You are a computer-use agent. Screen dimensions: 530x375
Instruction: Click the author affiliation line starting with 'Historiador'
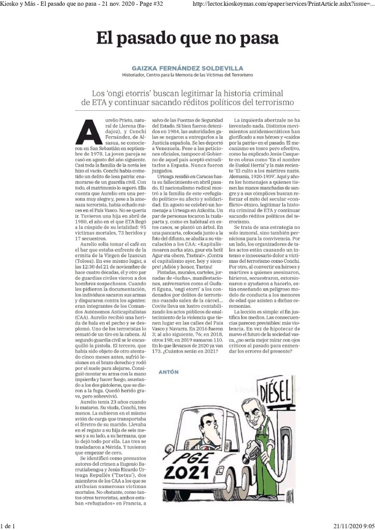click(187, 75)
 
